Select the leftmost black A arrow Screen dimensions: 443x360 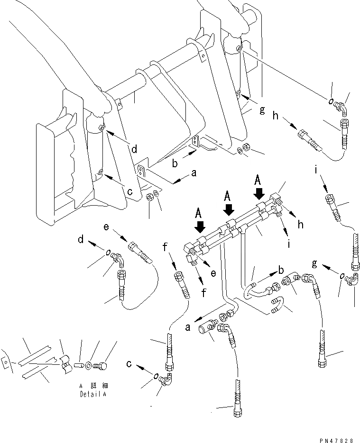[200, 226]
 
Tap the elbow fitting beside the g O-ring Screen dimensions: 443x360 [352, 280]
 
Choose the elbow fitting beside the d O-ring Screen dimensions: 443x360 [118, 259]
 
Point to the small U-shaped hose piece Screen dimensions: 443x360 [277, 305]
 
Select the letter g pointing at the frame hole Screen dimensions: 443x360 [262, 110]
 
